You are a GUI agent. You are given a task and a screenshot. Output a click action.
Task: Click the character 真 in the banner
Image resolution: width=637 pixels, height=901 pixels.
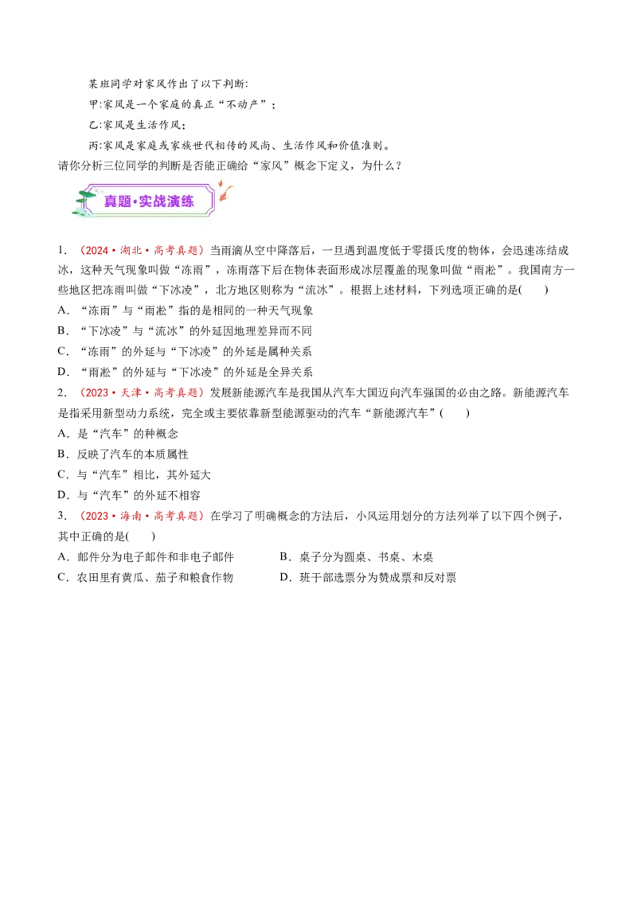[111, 201]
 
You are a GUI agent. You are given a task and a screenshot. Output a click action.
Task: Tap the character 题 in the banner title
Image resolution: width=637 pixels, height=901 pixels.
[125, 201]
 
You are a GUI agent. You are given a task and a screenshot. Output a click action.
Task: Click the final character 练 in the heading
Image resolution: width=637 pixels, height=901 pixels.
[187, 201]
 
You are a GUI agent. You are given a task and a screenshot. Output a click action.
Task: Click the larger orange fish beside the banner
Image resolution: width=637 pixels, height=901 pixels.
[227, 193]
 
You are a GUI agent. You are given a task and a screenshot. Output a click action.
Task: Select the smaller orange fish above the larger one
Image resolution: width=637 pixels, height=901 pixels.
[221, 182]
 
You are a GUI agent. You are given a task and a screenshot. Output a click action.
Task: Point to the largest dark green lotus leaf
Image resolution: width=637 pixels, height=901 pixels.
[86, 194]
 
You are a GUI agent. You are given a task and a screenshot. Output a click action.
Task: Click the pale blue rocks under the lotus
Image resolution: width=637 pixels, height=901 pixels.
[84, 213]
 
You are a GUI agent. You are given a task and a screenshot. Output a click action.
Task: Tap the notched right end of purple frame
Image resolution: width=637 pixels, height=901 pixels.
[213, 201]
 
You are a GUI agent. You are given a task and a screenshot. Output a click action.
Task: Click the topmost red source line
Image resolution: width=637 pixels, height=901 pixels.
[143, 251]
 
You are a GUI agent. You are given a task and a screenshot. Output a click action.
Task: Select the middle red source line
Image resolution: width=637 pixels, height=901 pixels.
[141, 393]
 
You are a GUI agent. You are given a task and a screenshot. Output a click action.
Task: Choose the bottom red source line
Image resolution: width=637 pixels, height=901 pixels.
[142, 516]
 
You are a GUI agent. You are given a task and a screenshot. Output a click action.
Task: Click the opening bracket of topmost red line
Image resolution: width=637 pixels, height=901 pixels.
[81, 251]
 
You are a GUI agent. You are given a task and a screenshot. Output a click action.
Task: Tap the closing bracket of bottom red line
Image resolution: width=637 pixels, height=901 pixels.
[201, 516]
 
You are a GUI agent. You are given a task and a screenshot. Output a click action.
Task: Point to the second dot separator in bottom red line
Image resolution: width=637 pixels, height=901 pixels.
[147, 516]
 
